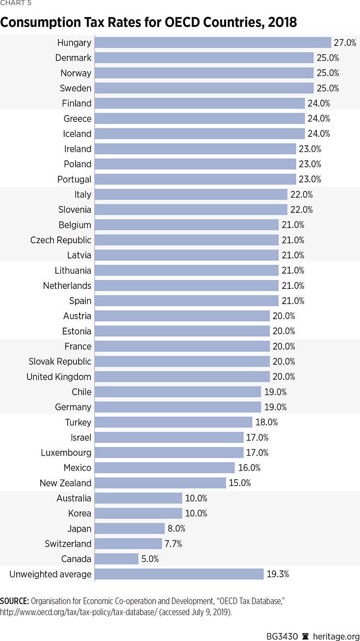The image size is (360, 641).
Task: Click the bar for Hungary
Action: tap(212, 43)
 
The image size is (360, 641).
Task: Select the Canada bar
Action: tap(116, 559)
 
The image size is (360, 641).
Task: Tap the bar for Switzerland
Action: tap(128, 544)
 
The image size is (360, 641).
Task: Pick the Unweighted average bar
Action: tap(179, 574)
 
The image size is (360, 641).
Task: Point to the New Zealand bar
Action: tap(160, 483)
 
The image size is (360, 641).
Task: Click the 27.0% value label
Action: tap(345, 43)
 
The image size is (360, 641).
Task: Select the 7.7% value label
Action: tap(175, 544)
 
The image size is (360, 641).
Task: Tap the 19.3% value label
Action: tap(278, 574)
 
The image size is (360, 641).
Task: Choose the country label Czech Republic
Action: tap(61, 240)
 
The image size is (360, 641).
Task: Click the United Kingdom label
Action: tap(59, 377)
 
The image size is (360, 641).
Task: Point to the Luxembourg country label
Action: tap(66, 453)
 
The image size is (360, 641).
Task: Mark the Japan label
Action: tap(79, 529)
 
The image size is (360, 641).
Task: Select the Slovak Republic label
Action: tap(60, 361)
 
